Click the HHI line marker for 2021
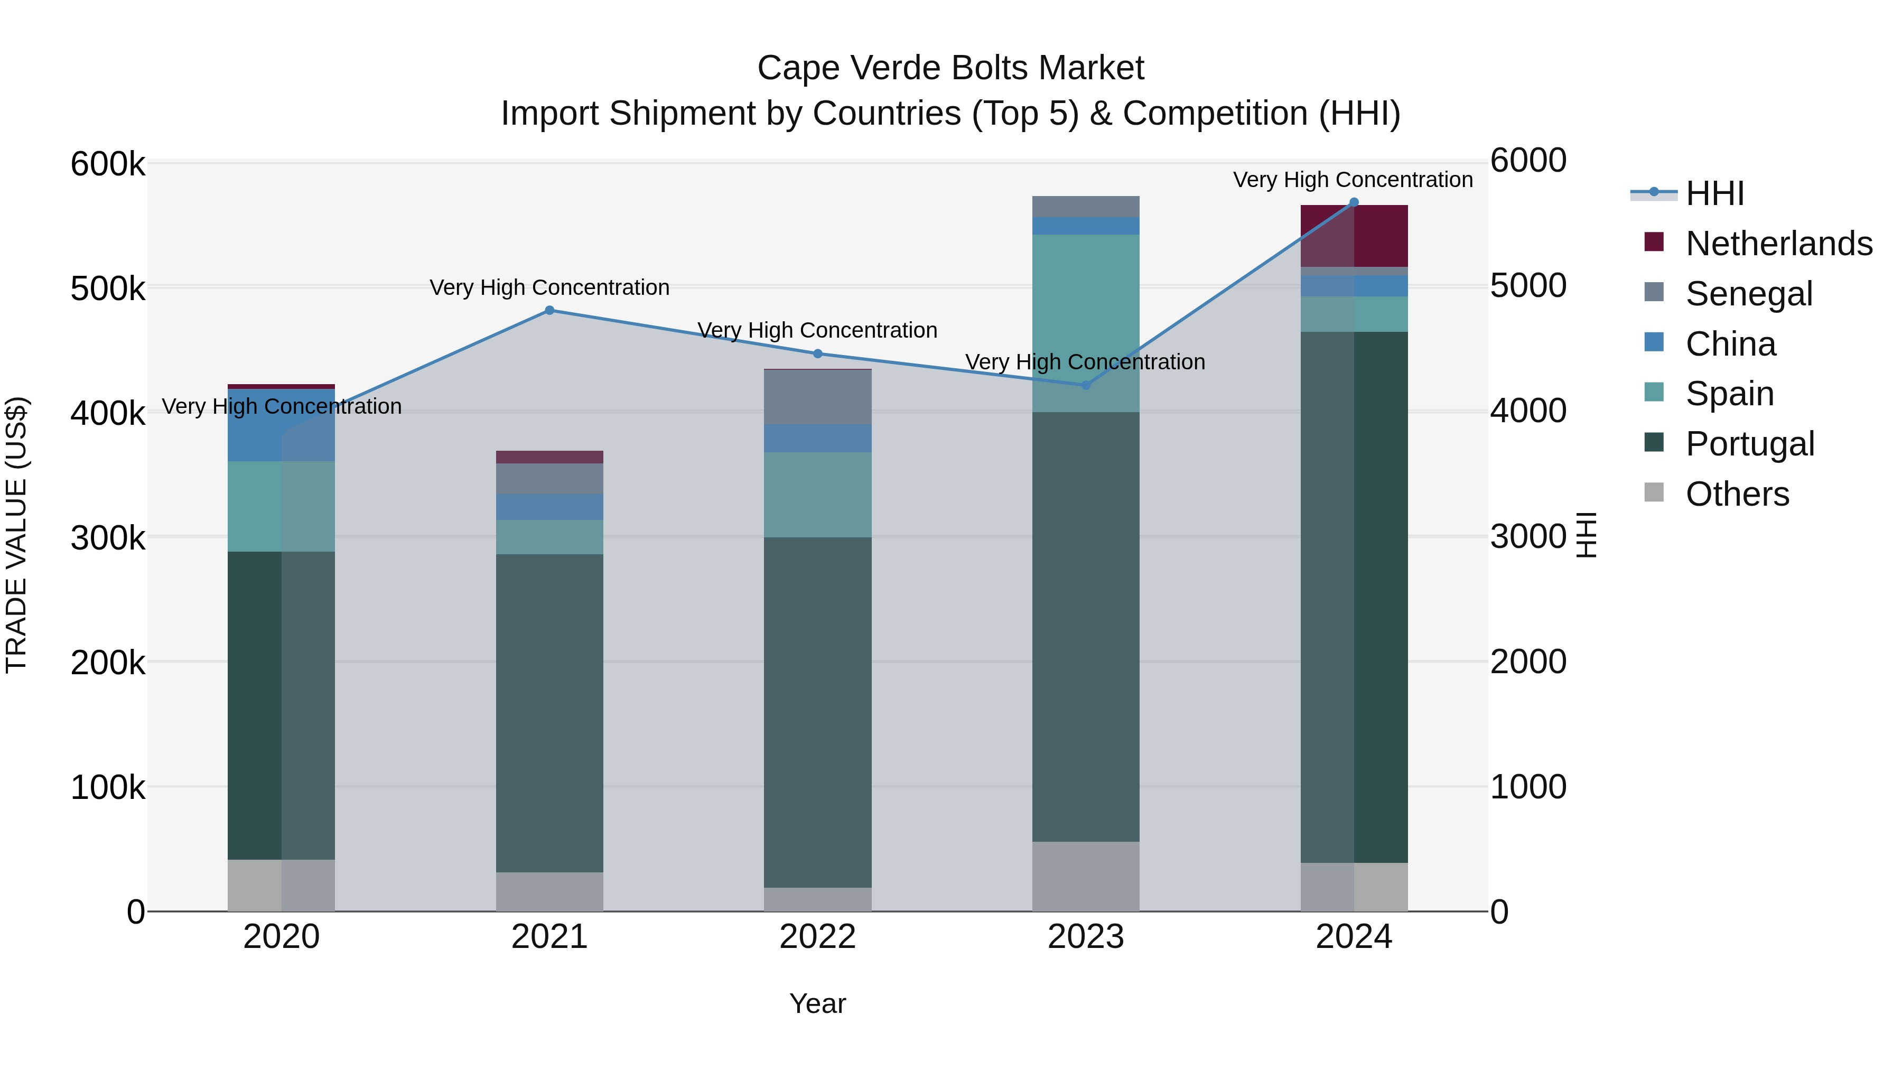point(549,310)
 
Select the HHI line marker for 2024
point(1354,202)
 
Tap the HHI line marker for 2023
point(1085,385)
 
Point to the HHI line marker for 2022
point(817,353)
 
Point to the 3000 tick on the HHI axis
point(1527,537)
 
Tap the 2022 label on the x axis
point(817,937)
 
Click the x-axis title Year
point(817,1003)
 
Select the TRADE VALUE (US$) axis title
point(16,535)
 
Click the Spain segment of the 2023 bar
point(1085,323)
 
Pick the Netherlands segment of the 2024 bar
point(1354,236)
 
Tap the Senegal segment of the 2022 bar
point(817,397)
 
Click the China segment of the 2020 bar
point(281,425)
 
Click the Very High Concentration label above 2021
point(549,287)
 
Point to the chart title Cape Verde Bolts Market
point(950,68)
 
